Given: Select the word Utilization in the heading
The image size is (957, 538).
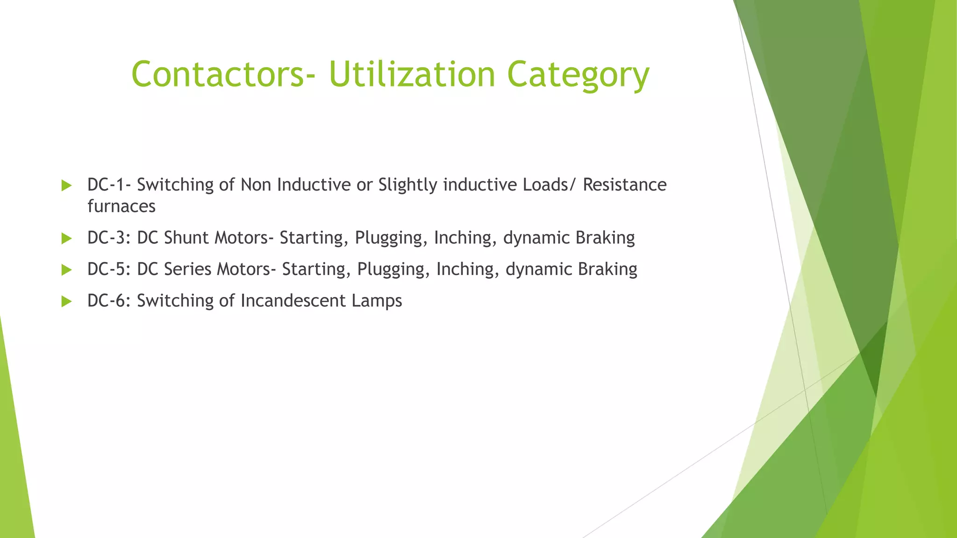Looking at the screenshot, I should pos(412,75).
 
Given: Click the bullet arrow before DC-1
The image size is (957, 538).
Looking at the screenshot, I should pos(66,185).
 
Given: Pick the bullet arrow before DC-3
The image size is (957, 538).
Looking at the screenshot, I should pos(66,239).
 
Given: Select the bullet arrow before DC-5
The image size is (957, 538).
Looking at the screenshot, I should pos(66,270).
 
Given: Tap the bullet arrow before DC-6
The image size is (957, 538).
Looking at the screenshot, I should pos(66,301).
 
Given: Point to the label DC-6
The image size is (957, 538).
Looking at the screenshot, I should pos(110,301).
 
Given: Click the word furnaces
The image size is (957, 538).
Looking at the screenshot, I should pos(121,206).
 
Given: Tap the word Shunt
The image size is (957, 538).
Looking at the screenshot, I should pos(186,238).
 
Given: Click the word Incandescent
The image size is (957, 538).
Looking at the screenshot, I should pos(293,301).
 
